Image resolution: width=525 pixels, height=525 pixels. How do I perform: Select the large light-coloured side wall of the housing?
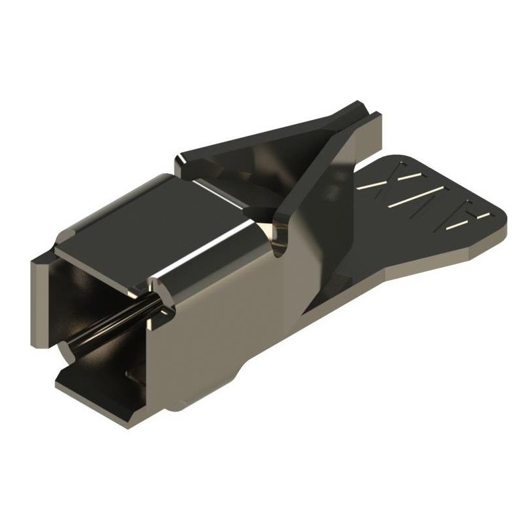(217, 328)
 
